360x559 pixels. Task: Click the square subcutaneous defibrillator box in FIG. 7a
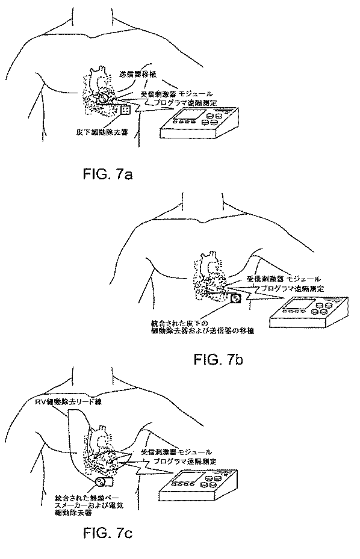(126, 110)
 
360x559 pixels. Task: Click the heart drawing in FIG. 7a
(98, 90)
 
